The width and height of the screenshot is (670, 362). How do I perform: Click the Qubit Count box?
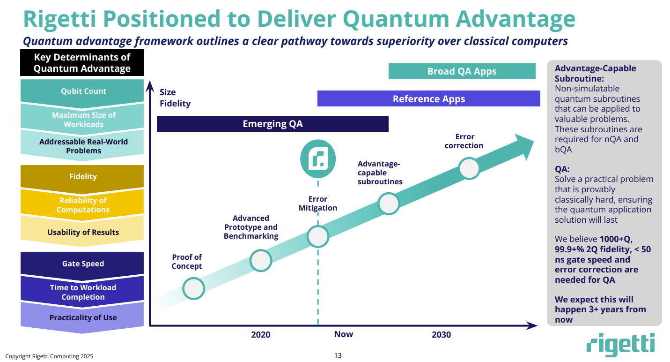[83, 91]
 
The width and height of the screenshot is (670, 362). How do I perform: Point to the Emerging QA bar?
[272, 124]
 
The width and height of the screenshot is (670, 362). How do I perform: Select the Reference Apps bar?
[428, 99]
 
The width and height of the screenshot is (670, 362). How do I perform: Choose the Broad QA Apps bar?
[462, 72]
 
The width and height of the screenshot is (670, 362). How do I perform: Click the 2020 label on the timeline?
[260, 335]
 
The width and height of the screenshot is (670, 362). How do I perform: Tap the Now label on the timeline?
[343, 334]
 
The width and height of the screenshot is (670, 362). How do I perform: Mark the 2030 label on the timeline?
[441, 335]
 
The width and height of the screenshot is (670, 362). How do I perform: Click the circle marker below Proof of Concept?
[193, 288]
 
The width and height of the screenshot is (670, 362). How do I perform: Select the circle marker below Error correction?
[469, 168]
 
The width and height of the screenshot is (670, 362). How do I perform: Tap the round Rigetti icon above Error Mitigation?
[317, 158]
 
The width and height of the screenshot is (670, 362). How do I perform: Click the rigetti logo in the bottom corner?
[620, 345]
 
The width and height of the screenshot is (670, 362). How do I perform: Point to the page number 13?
[338, 355]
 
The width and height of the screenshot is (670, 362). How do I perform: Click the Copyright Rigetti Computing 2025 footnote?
[49, 356]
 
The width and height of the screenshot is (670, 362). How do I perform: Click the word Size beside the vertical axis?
[168, 92]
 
